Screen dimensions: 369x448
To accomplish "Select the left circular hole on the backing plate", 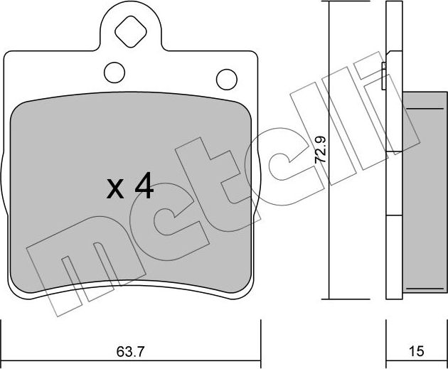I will [114, 71].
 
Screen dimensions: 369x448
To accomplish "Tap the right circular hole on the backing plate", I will [225, 77].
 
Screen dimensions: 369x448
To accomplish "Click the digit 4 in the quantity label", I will [143, 187].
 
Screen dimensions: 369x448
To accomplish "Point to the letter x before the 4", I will [114, 190].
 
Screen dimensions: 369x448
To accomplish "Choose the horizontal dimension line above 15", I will [416, 337].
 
